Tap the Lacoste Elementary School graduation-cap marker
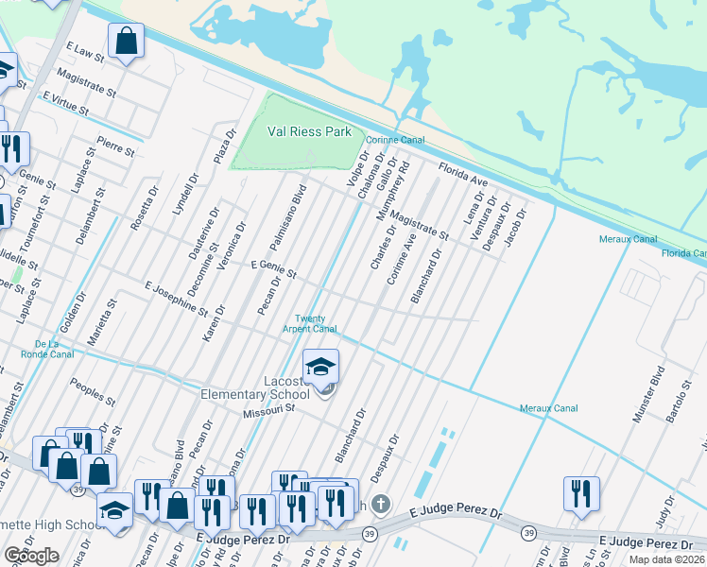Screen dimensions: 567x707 click(x=320, y=367)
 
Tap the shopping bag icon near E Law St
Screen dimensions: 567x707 click(x=126, y=42)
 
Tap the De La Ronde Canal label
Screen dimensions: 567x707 click(x=54, y=349)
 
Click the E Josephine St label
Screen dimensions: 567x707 click(x=176, y=297)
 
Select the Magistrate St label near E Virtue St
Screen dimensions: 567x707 click(x=85, y=83)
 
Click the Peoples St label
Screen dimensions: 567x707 click(x=93, y=391)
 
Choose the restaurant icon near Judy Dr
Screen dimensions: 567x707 click(x=580, y=493)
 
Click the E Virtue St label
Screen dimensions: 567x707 click(x=64, y=104)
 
